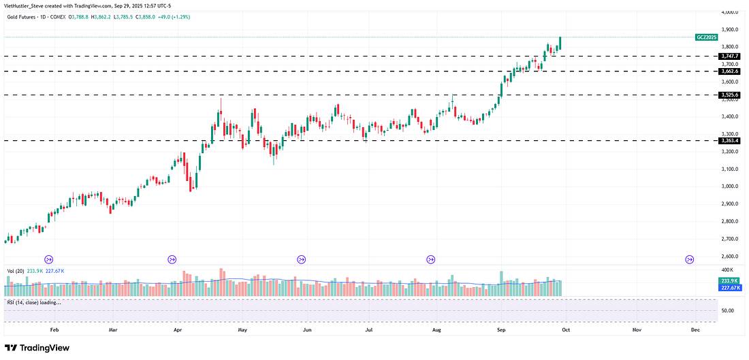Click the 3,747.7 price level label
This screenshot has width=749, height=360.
tap(729, 56)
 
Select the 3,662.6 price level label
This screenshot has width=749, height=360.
tap(729, 71)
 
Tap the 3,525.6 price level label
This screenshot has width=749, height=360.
tap(729, 95)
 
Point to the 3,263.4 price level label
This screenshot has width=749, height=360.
tap(729, 140)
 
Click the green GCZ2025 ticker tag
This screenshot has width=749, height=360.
tap(706, 37)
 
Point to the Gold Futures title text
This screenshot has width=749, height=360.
tap(33, 16)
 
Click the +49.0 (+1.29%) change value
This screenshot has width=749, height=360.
tap(170, 16)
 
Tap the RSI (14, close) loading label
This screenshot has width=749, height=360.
tap(34, 302)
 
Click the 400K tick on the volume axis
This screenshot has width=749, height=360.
tap(727, 271)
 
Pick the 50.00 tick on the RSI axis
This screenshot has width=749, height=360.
tap(728, 311)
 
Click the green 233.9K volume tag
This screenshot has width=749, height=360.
tap(729, 280)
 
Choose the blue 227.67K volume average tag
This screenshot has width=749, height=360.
tap(729, 287)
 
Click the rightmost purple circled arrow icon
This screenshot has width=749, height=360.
tap(690, 259)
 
